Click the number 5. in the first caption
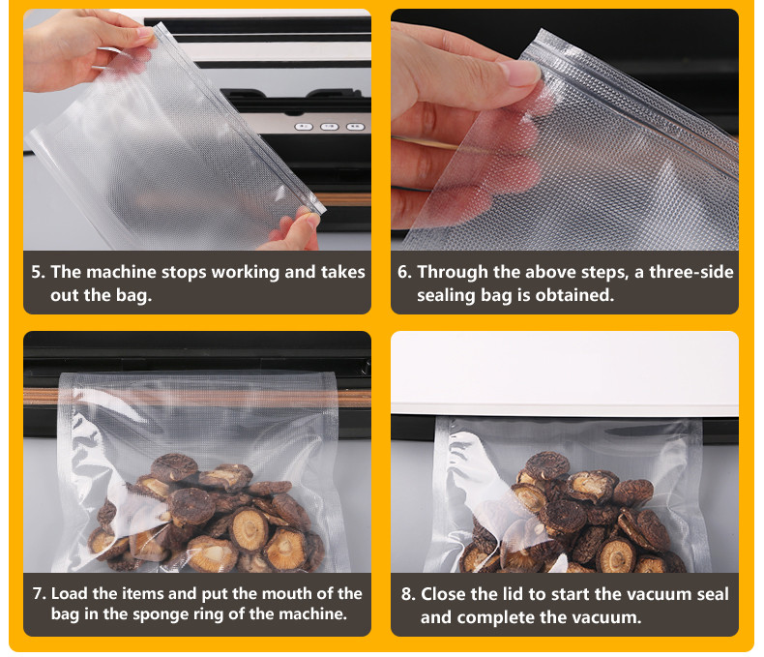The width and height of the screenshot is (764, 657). tap(38, 272)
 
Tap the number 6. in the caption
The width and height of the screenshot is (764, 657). tap(405, 272)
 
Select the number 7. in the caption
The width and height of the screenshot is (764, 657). tap(40, 594)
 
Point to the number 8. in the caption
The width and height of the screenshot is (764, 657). tap(408, 594)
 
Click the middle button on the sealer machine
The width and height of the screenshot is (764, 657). tap(330, 127)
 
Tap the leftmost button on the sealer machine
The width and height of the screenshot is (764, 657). tap(304, 127)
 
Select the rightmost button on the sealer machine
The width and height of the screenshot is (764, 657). tap(355, 127)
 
